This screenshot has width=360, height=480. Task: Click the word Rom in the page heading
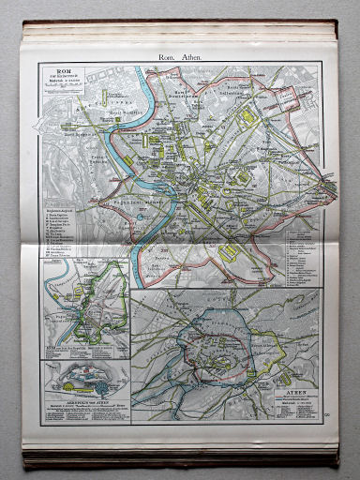(168, 56)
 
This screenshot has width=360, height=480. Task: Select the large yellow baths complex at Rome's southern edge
(229, 253)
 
